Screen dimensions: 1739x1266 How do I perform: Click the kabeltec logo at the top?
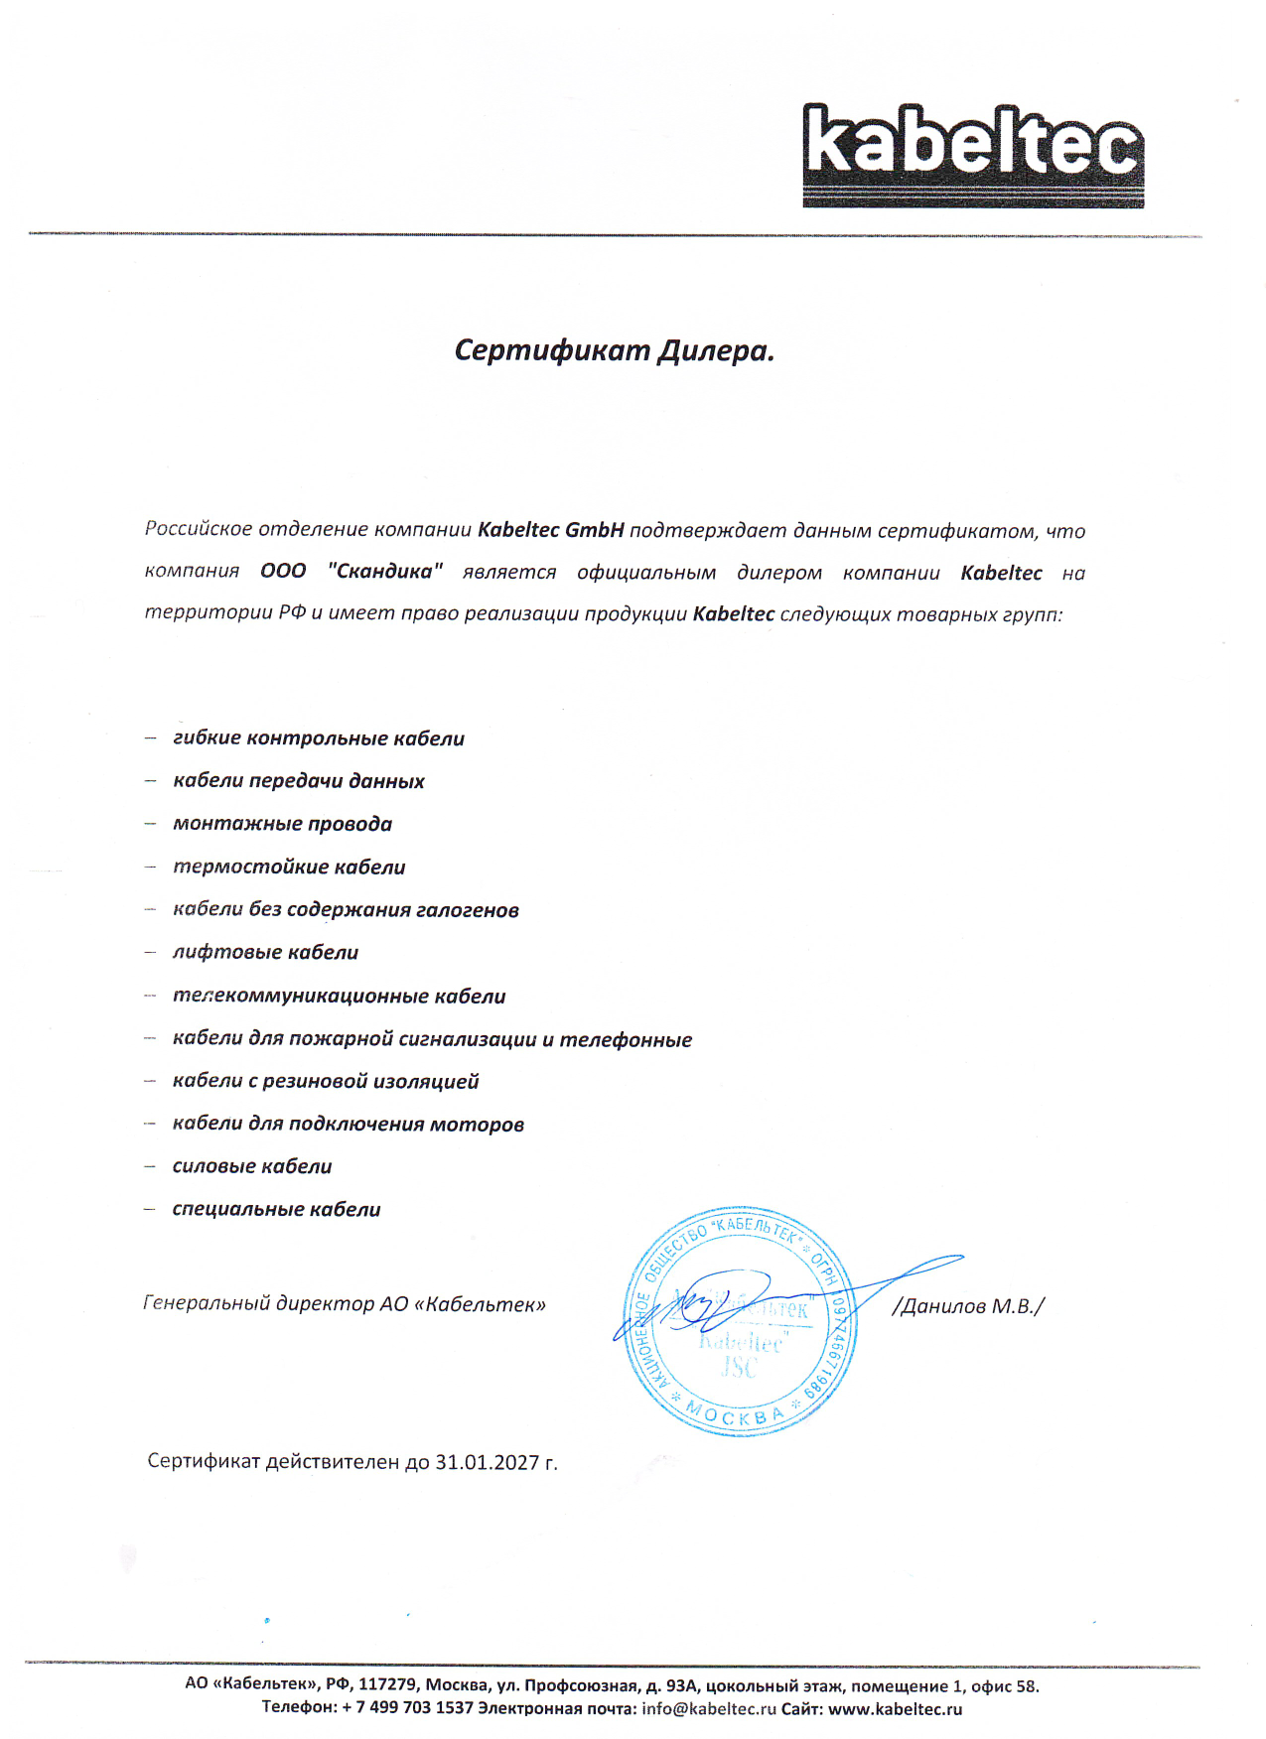[x=972, y=155]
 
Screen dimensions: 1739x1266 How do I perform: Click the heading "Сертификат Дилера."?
[x=614, y=350]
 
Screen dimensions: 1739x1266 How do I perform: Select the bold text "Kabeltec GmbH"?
[x=550, y=530]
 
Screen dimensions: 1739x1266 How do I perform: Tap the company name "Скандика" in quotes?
[x=384, y=572]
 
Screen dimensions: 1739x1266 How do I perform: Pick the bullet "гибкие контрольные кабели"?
[x=318, y=738]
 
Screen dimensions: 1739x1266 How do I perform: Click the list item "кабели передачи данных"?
[x=298, y=781]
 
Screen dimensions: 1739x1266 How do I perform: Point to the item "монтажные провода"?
[x=282, y=824]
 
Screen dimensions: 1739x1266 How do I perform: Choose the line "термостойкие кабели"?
[x=289, y=868]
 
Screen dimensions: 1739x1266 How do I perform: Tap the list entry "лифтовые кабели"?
[x=265, y=953]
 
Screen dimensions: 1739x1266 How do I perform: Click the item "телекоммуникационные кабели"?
[x=339, y=996]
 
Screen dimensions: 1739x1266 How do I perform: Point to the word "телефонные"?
[x=626, y=1040]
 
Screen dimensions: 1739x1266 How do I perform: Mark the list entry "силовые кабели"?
[x=252, y=1167]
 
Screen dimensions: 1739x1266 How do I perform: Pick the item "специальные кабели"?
[x=276, y=1210]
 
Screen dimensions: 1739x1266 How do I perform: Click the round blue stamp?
[x=739, y=1321]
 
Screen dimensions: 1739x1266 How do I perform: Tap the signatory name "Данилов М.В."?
[x=968, y=1306]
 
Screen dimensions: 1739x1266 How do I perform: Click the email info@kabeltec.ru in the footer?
[x=709, y=1708]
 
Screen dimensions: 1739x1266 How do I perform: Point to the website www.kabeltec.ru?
[x=895, y=1708]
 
